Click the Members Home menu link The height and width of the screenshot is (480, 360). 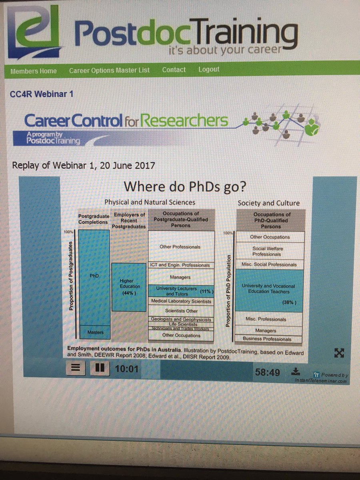point(34,71)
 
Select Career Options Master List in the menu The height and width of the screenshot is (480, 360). point(109,70)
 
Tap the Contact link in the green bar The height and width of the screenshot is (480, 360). point(174,70)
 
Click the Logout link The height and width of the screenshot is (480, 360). point(209,69)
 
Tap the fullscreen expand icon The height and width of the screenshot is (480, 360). point(339,352)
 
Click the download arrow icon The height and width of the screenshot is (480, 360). point(296,371)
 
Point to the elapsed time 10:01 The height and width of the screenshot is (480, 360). point(126,369)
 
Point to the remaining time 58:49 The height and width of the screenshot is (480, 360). point(267,372)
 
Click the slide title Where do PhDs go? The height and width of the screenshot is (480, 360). point(184,187)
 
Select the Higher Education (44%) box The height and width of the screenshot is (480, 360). point(129,287)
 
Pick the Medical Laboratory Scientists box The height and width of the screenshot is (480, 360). point(181,301)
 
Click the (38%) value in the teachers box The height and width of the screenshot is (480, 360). point(289,303)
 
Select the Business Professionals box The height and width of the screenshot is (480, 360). point(267,339)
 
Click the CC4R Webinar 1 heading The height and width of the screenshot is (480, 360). point(41,94)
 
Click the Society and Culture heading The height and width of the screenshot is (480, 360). point(268,203)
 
